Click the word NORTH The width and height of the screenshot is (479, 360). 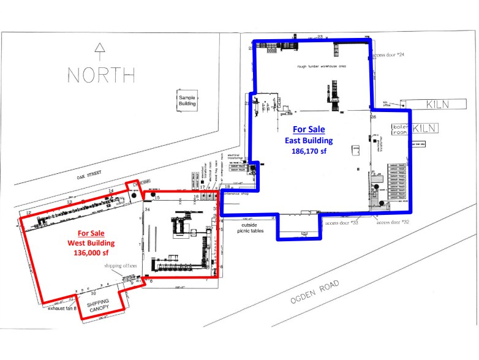(x=101, y=75)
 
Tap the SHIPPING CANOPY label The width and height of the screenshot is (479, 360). (x=97, y=307)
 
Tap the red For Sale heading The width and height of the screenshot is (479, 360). (x=91, y=233)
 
